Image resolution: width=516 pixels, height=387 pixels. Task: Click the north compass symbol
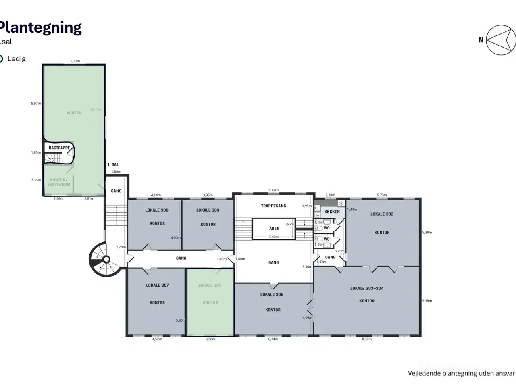pyautogui.click(x=500, y=40)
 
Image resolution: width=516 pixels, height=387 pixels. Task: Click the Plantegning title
pyautogui.click(x=40, y=27)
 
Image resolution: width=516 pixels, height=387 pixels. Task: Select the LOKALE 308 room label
pyautogui.click(x=157, y=210)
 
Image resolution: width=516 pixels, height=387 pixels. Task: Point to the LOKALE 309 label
pyautogui.click(x=208, y=210)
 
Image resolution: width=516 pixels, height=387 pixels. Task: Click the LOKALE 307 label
pyautogui.click(x=157, y=285)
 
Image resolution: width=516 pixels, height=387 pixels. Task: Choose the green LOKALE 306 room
pyautogui.click(x=210, y=302)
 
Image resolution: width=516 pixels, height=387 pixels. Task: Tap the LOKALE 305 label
pyautogui.click(x=272, y=295)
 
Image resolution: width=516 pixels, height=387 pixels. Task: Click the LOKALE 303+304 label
pyautogui.click(x=367, y=289)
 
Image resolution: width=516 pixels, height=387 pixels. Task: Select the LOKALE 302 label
pyautogui.click(x=382, y=214)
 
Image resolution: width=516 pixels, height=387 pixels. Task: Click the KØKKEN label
pyautogui.click(x=332, y=212)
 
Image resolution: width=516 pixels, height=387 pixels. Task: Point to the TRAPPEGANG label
pyautogui.click(x=273, y=206)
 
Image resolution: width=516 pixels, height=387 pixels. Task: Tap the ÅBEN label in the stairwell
pyautogui.click(x=274, y=229)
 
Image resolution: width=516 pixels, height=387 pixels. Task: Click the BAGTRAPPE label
pyautogui.click(x=59, y=148)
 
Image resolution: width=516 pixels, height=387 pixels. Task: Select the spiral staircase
pyautogui.click(x=104, y=259)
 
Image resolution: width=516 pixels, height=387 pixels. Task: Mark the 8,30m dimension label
pyautogui.click(x=366, y=339)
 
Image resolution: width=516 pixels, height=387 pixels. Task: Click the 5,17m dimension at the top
pyautogui.click(x=75, y=61)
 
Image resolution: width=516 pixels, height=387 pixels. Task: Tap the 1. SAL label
pyautogui.click(x=113, y=165)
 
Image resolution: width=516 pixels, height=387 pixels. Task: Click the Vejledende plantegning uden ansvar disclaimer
pyautogui.click(x=461, y=373)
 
